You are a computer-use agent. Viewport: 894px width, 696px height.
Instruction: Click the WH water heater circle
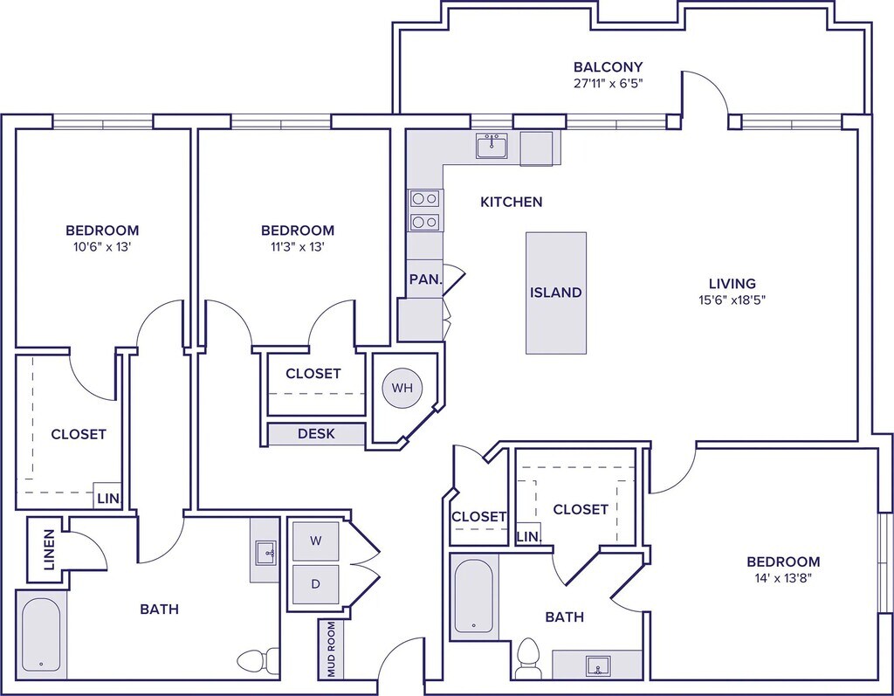(402, 387)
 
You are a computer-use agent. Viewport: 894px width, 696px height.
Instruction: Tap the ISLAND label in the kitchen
(556, 293)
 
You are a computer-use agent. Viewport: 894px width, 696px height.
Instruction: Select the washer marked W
(316, 541)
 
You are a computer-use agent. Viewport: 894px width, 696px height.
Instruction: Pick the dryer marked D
(316, 583)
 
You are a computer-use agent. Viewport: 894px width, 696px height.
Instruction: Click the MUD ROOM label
(330, 649)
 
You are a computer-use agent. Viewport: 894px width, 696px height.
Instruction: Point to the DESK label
(316, 434)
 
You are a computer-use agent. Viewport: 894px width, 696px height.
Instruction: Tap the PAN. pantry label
(424, 280)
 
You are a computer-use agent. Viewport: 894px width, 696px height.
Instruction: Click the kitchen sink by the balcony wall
(492, 146)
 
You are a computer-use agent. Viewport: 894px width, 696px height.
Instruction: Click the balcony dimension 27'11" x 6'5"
(608, 84)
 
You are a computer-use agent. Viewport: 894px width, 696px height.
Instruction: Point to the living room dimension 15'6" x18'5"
(732, 300)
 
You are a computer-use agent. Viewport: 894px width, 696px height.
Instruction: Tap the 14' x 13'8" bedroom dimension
(783, 578)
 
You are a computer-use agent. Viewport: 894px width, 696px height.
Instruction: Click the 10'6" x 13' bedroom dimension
(102, 247)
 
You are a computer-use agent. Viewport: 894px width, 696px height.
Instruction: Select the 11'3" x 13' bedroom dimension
(297, 247)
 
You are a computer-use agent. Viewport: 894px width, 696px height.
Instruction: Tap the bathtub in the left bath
(41, 633)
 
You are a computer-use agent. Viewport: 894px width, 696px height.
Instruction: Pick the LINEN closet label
(48, 549)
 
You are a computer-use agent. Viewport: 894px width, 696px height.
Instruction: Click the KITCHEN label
(512, 202)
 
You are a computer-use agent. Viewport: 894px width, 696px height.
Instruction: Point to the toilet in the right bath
(527, 657)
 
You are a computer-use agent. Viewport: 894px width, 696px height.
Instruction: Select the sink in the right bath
(599, 665)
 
